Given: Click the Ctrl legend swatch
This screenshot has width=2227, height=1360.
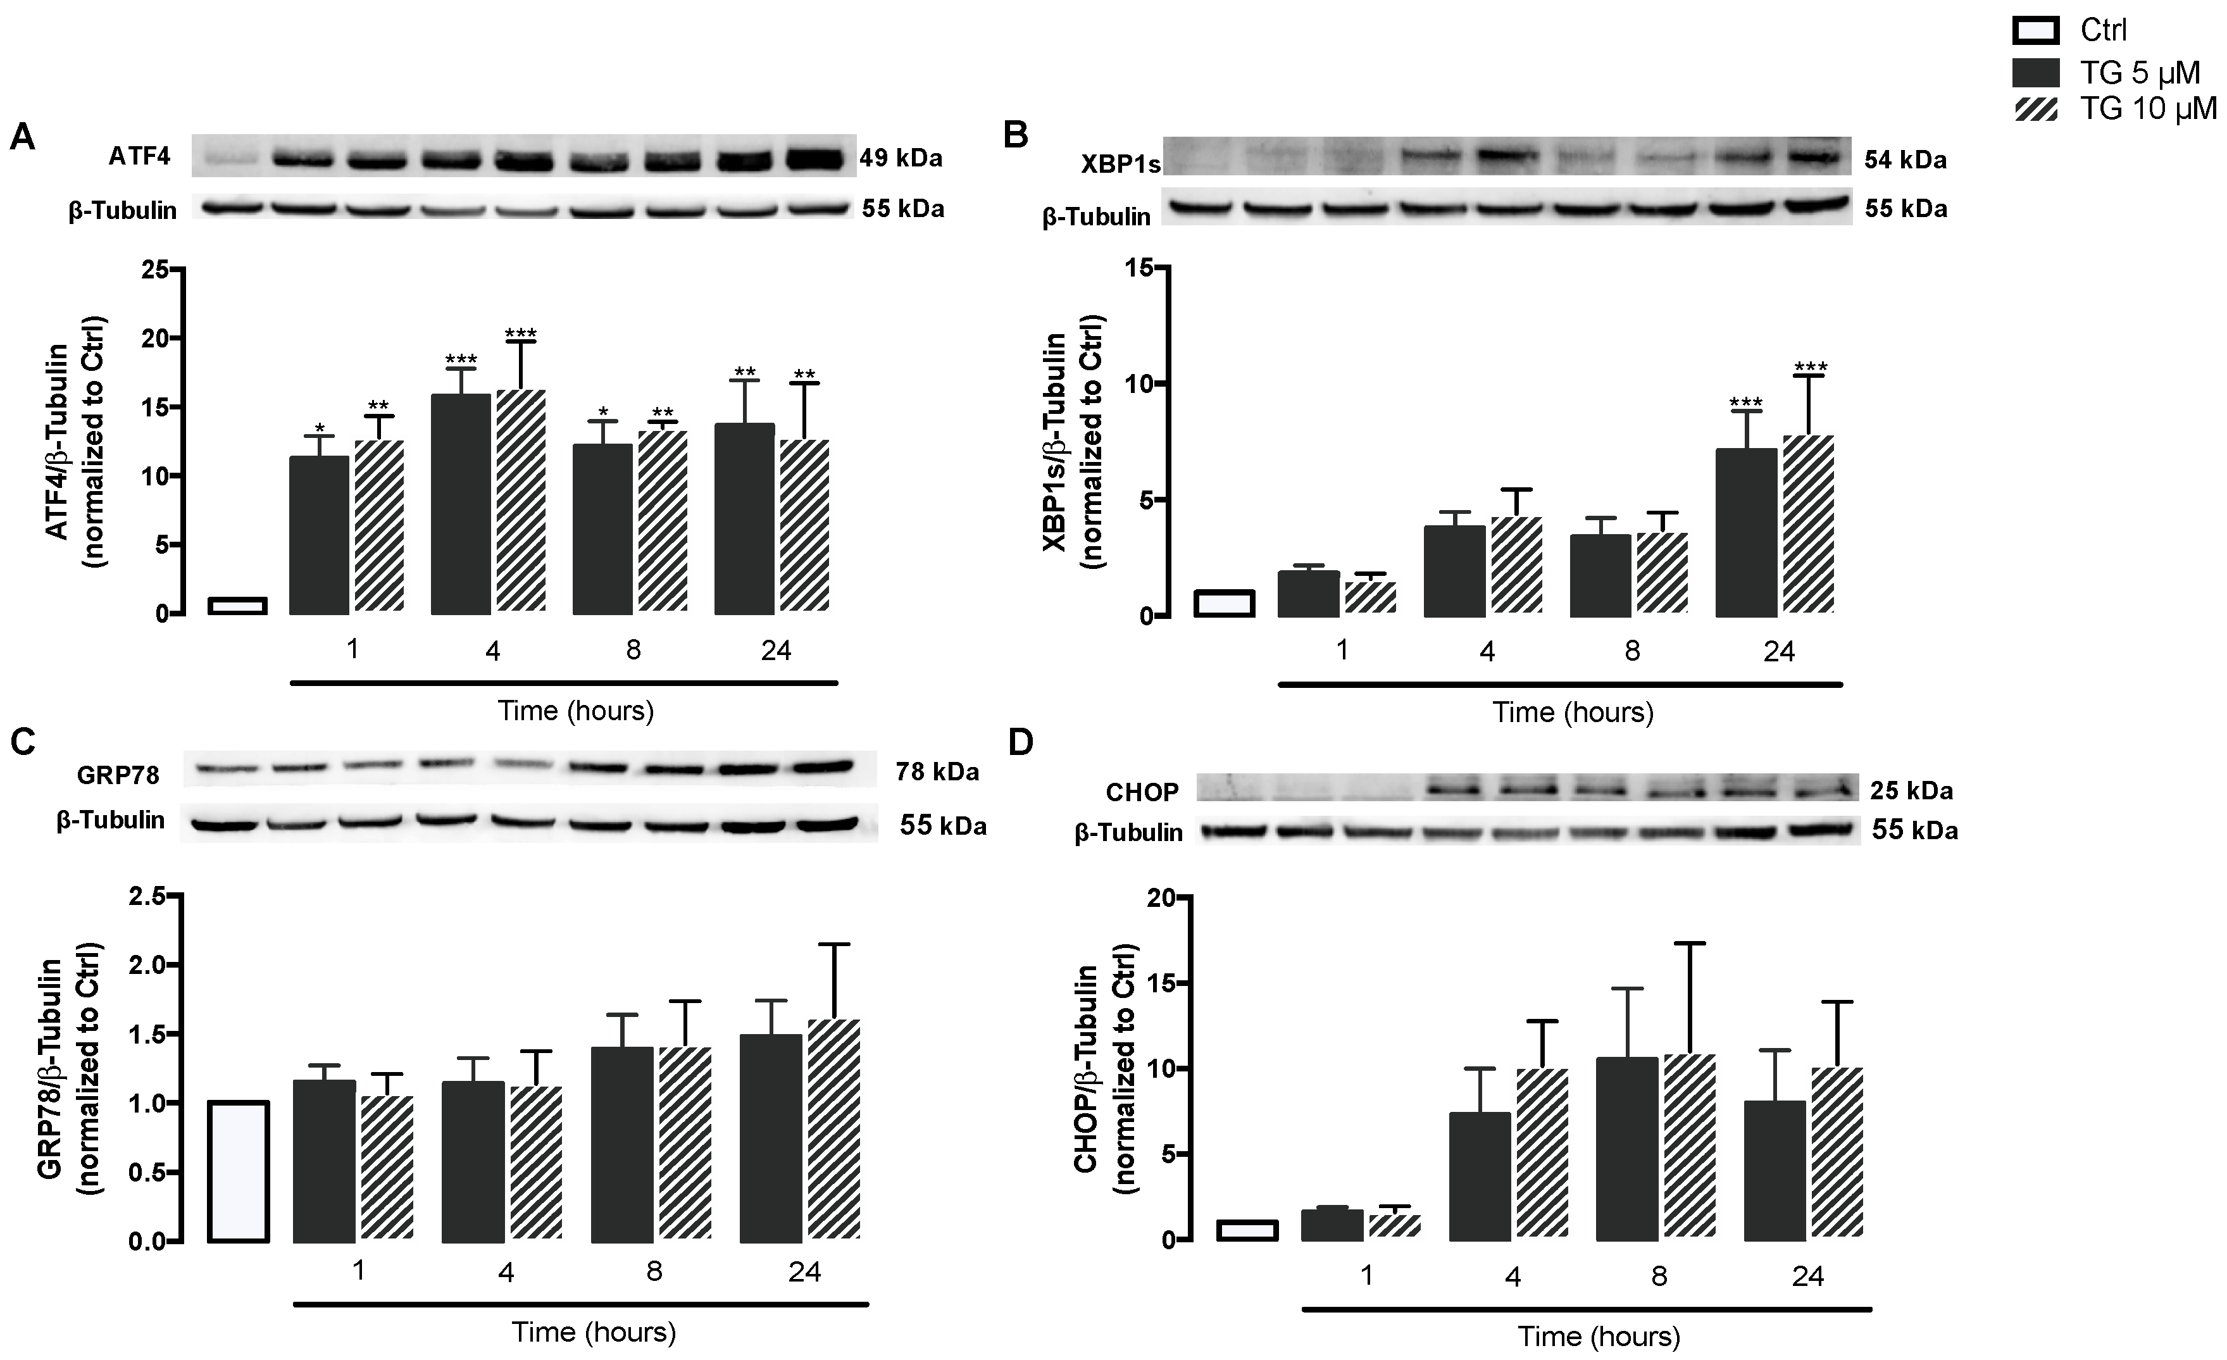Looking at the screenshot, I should (x=2035, y=31).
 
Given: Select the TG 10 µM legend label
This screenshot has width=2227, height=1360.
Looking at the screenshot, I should (x=2149, y=108).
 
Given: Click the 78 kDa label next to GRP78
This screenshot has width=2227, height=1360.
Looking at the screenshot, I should (x=937, y=771).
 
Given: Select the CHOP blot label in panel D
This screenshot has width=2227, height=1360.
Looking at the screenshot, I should (x=1142, y=792).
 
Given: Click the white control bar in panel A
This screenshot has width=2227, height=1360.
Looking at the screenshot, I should (x=237, y=606).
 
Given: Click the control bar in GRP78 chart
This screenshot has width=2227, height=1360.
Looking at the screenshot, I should (x=238, y=1171).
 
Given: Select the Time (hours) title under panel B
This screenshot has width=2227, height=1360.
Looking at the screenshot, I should (x=1572, y=712).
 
